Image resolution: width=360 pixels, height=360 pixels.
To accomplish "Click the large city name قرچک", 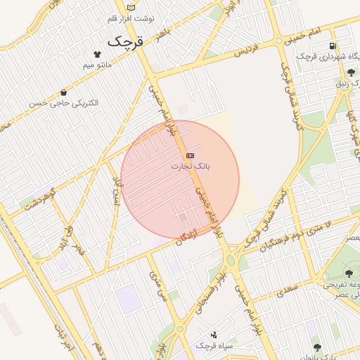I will (124, 42).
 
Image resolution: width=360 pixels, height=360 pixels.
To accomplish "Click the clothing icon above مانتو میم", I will (97, 54).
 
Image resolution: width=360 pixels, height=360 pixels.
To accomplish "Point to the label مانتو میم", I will (97, 65).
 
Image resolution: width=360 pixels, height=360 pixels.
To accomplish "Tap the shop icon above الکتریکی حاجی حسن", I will (64, 92).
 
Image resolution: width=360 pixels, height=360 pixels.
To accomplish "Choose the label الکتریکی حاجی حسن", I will (64, 103).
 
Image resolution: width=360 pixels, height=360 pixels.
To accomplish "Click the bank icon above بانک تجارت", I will (190, 155).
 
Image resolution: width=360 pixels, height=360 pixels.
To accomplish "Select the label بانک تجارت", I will (191, 167).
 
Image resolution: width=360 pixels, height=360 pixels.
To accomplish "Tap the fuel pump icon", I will (331, 47).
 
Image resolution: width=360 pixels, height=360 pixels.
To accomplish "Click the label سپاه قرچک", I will (214, 346).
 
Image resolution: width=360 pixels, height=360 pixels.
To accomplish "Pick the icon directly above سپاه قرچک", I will (214, 335).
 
